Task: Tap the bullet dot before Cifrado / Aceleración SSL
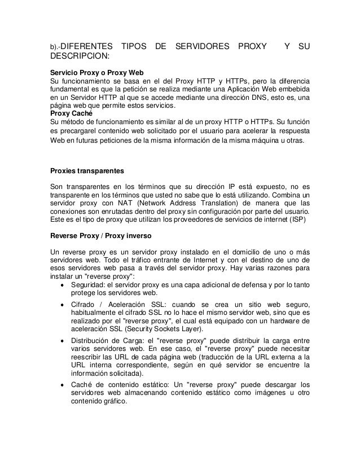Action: click(x=62, y=305)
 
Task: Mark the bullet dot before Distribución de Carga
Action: click(x=62, y=342)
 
